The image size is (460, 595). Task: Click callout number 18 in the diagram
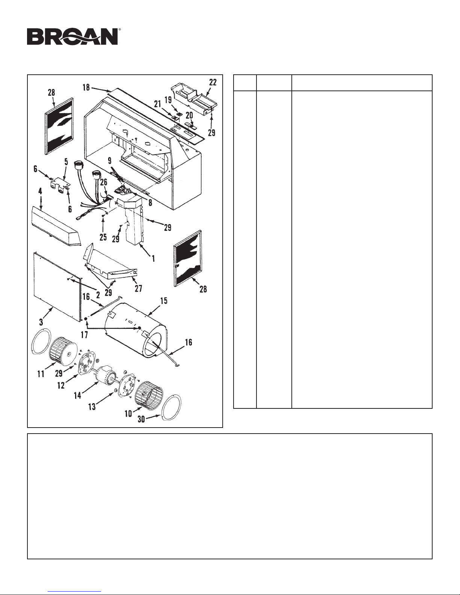tap(86, 87)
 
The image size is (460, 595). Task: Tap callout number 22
tap(213, 83)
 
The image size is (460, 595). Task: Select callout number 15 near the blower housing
tap(164, 301)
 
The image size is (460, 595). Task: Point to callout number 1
tap(153, 258)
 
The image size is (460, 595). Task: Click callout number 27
tap(138, 288)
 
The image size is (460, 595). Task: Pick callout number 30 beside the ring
tap(141, 419)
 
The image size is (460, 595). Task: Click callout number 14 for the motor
tap(77, 395)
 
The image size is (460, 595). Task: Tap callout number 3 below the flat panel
tap(41, 322)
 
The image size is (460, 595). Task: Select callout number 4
tap(40, 191)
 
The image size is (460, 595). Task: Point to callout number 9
tap(110, 160)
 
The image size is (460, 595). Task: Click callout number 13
tap(92, 407)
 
